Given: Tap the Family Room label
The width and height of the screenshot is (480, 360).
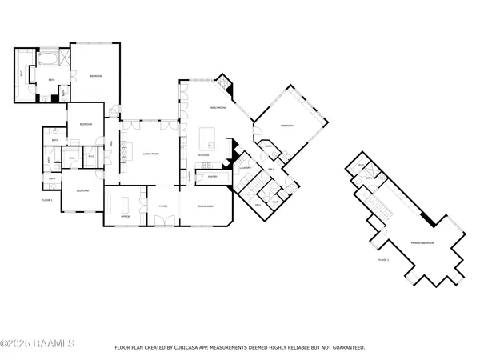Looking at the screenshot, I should (x=220, y=106).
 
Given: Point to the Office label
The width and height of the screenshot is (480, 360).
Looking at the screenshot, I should (x=125, y=217).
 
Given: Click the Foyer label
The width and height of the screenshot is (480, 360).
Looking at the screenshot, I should (x=162, y=206).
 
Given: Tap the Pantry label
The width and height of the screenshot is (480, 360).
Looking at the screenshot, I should (x=213, y=176).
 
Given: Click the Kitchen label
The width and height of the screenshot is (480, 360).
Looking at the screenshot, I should (x=205, y=154).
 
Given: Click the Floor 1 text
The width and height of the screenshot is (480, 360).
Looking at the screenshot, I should (x=46, y=199).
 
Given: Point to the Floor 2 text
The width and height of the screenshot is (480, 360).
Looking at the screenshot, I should (x=384, y=260).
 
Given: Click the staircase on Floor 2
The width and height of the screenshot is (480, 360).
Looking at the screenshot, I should (x=379, y=206).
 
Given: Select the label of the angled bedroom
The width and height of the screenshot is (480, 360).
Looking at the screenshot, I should (x=287, y=126).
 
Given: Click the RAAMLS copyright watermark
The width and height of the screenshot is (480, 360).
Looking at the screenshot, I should (x=38, y=345).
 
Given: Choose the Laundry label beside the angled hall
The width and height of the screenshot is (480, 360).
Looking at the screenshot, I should (x=246, y=167).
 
